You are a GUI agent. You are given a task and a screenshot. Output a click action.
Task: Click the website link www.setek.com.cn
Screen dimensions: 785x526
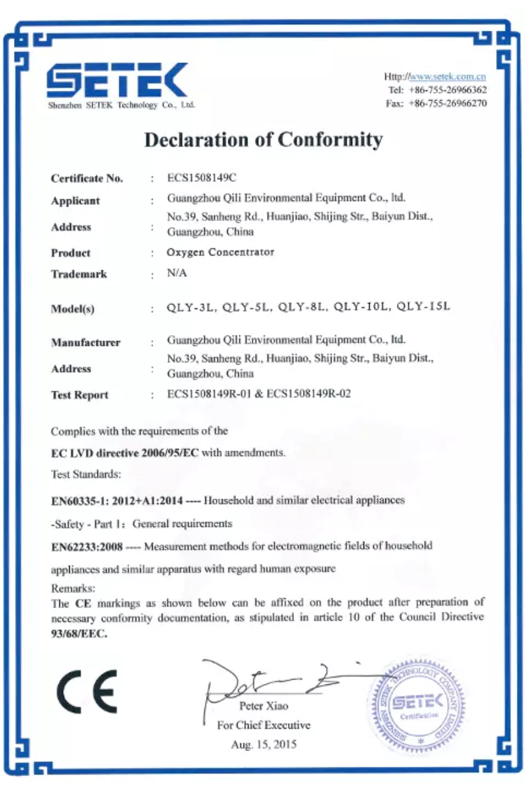[448, 77]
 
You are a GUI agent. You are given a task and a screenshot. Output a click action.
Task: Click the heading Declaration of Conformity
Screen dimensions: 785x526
[264, 139]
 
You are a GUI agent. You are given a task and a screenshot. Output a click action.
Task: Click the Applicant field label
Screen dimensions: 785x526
[75, 201]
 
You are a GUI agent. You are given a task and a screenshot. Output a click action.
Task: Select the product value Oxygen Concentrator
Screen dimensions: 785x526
[221, 252]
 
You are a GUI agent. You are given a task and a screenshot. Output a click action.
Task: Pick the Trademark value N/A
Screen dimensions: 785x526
[177, 273]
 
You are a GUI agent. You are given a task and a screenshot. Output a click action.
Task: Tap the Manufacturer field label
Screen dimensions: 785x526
[85, 343]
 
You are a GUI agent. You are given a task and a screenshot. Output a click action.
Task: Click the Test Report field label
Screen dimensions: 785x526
[79, 395]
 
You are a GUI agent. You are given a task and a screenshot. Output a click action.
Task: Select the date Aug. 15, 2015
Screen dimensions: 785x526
[264, 744]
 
